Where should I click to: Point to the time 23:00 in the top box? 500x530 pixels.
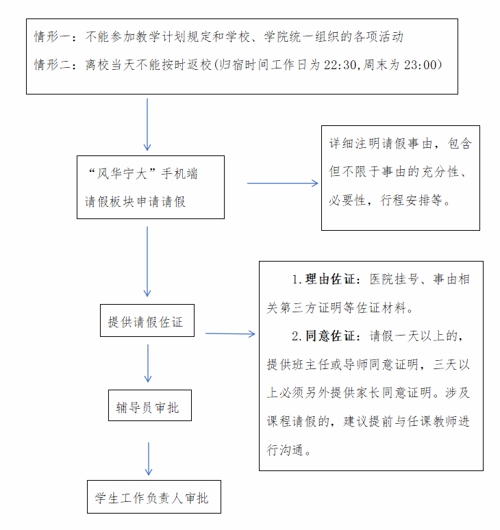click(x=420, y=65)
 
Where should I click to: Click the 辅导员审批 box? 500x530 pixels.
click(x=148, y=407)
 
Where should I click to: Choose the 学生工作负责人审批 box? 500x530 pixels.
click(x=151, y=498)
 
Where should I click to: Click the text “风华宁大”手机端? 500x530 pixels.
click(x=142, y=174)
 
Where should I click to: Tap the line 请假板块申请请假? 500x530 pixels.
click(x=135, y=202)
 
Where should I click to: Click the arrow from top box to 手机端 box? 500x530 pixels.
click(x=147, y=123)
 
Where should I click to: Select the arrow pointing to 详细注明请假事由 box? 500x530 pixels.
click(x=282, y=183)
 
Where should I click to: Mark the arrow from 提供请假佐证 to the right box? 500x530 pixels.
click(x=230, y=333)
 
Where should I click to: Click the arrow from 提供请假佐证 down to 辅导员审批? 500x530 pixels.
click(x=148, y=363)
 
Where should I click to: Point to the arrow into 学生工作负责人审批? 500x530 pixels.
click(x=148, y=458)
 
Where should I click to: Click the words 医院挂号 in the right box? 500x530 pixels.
click(x=390, y=279)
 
